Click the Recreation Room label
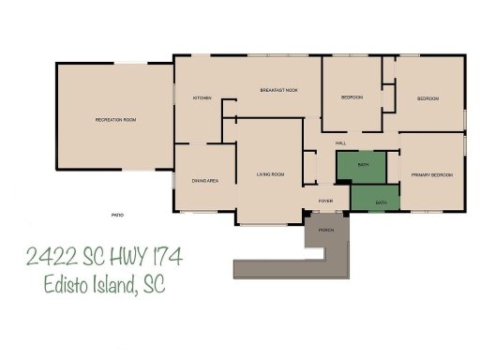(x=115, y=120)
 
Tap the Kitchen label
(x=202, y=98)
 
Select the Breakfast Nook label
(x=278, y=90)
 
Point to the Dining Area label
(x=205, y=180)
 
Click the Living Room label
(x=270, y=173)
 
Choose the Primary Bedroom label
(x=432, y=175)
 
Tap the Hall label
(x=341, y=142)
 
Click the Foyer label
(x=325, y=201)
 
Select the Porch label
(x=326, y=230)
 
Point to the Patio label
(x=117, y=216)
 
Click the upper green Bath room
(x=362, y=166)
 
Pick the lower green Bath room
(x=380, y=202)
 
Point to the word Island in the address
(x=114, y=286)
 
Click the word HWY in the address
(x=118, y=256)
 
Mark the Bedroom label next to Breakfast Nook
(x=352, y=97)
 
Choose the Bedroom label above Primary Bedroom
(x=427, y=98)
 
